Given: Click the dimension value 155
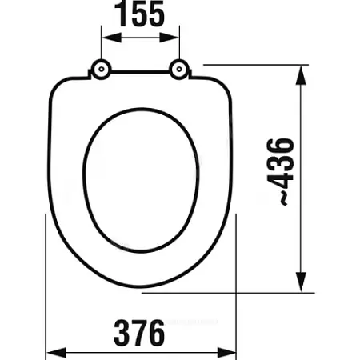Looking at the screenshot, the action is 140,14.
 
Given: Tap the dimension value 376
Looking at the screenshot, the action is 139,333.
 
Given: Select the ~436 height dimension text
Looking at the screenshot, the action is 280,172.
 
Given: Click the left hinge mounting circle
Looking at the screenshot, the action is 102,70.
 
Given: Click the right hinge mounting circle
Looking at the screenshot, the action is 179,70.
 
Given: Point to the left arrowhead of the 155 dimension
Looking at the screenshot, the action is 112,38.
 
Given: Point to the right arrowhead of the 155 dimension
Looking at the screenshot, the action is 169,38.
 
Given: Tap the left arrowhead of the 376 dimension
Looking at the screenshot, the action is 56,353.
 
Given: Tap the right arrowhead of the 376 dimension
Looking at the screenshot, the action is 226,353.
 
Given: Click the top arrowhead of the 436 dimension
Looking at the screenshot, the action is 301,75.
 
